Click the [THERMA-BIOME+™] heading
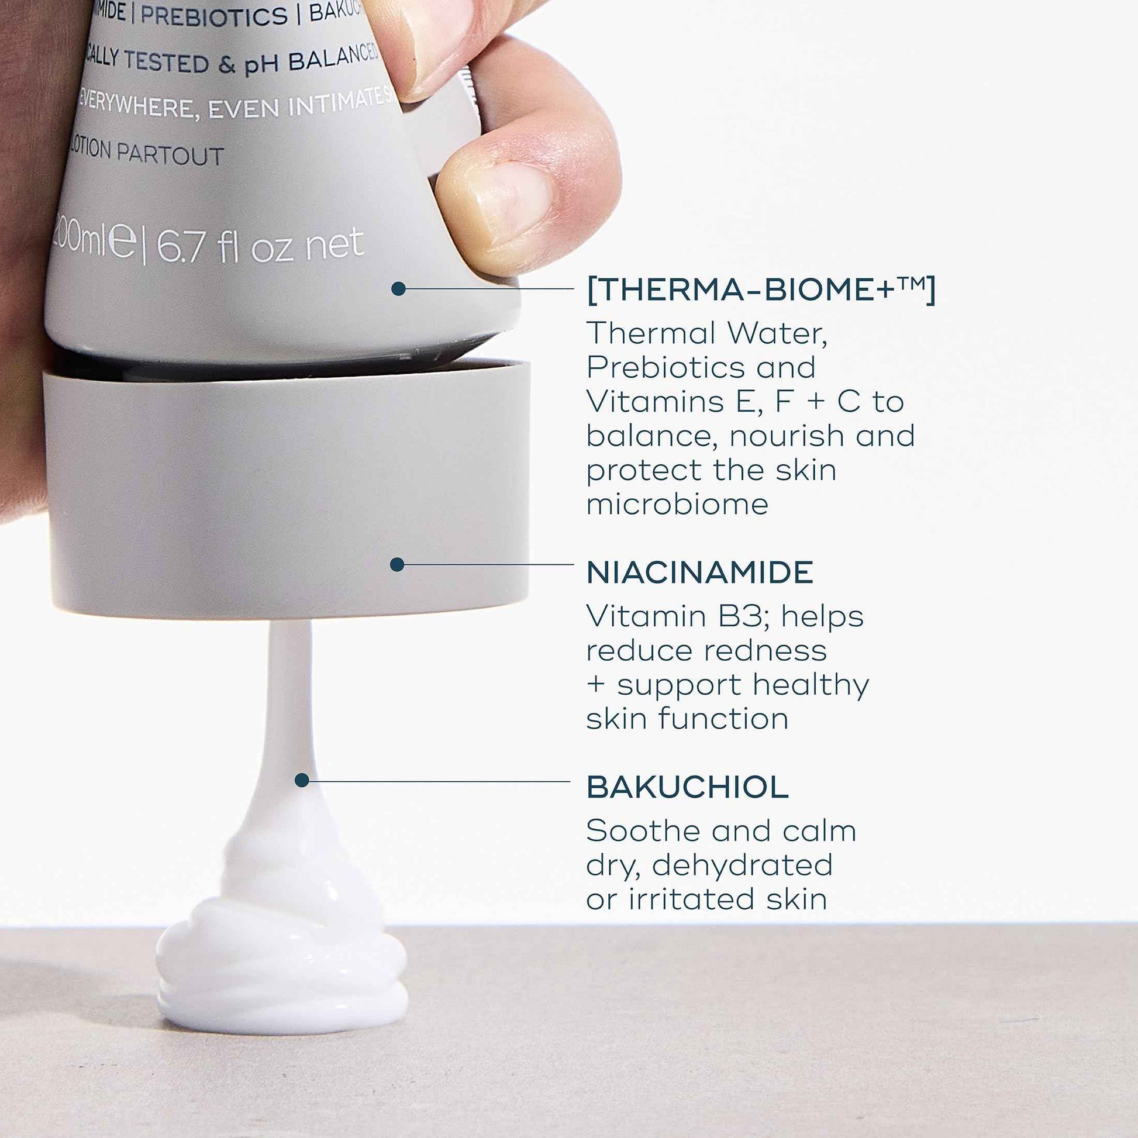point(760,291)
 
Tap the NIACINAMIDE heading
point(700,573)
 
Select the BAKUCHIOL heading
point(687,787)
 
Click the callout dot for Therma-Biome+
point(398,289)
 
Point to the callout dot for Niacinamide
point(397,564)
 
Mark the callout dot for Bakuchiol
point(302,781)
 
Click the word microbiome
point(677,505)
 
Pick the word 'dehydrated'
point(742,865)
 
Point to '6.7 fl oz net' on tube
point(259,246)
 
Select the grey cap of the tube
point(286,489)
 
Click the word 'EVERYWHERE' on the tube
point(139,105)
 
